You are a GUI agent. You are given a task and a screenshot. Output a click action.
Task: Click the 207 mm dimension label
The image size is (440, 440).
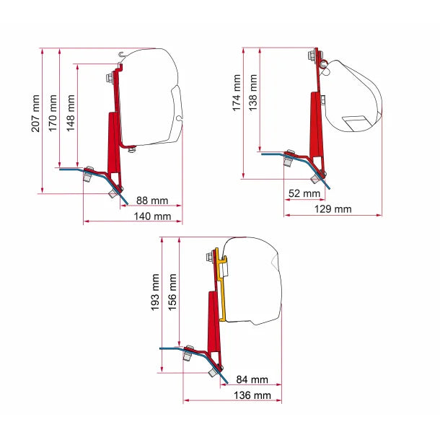pos(35,113)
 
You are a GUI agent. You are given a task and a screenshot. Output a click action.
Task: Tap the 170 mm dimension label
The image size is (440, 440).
pos(53,113)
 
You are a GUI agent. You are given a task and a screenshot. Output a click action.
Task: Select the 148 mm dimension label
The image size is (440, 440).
pos(71,113)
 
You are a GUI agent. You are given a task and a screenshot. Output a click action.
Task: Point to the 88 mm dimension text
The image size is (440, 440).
pos(152,201)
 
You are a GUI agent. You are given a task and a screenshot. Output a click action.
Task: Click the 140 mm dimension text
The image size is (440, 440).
pos(152,216)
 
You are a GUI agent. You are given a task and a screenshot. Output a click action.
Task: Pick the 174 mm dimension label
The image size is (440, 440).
pos(237,92)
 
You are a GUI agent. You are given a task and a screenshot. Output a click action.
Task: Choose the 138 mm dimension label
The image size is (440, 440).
pos(253,92)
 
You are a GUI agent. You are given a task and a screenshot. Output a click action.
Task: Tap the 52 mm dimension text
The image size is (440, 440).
pos(304,193)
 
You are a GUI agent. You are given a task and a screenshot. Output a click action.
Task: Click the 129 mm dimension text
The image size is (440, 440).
pos(333,209)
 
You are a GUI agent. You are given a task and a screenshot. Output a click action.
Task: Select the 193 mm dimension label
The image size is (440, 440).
pos(155,292)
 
